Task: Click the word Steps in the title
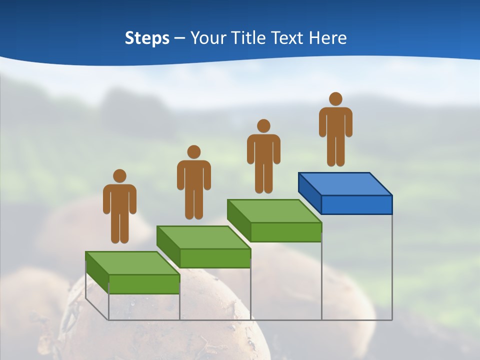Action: click(x=147, y=38)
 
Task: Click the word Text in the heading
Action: click(x=288, y=38)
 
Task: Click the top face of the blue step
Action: click(x=345, y=183)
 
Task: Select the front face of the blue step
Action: click(x=356, y=204)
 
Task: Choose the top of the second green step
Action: click(x=203, y=237)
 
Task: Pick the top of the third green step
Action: click(x=274, y=210)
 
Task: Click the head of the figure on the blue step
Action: click(x=335, y=99)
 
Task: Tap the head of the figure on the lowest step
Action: click(x=119, y=176)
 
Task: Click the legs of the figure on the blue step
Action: click(x=335, y=150)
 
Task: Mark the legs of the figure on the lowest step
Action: click(x=119, y=227)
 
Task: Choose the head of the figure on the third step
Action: click(x=263, y=126)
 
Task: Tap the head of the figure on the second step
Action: click(x=194, y=152)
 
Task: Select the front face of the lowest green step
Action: click(x=144, y=284)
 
